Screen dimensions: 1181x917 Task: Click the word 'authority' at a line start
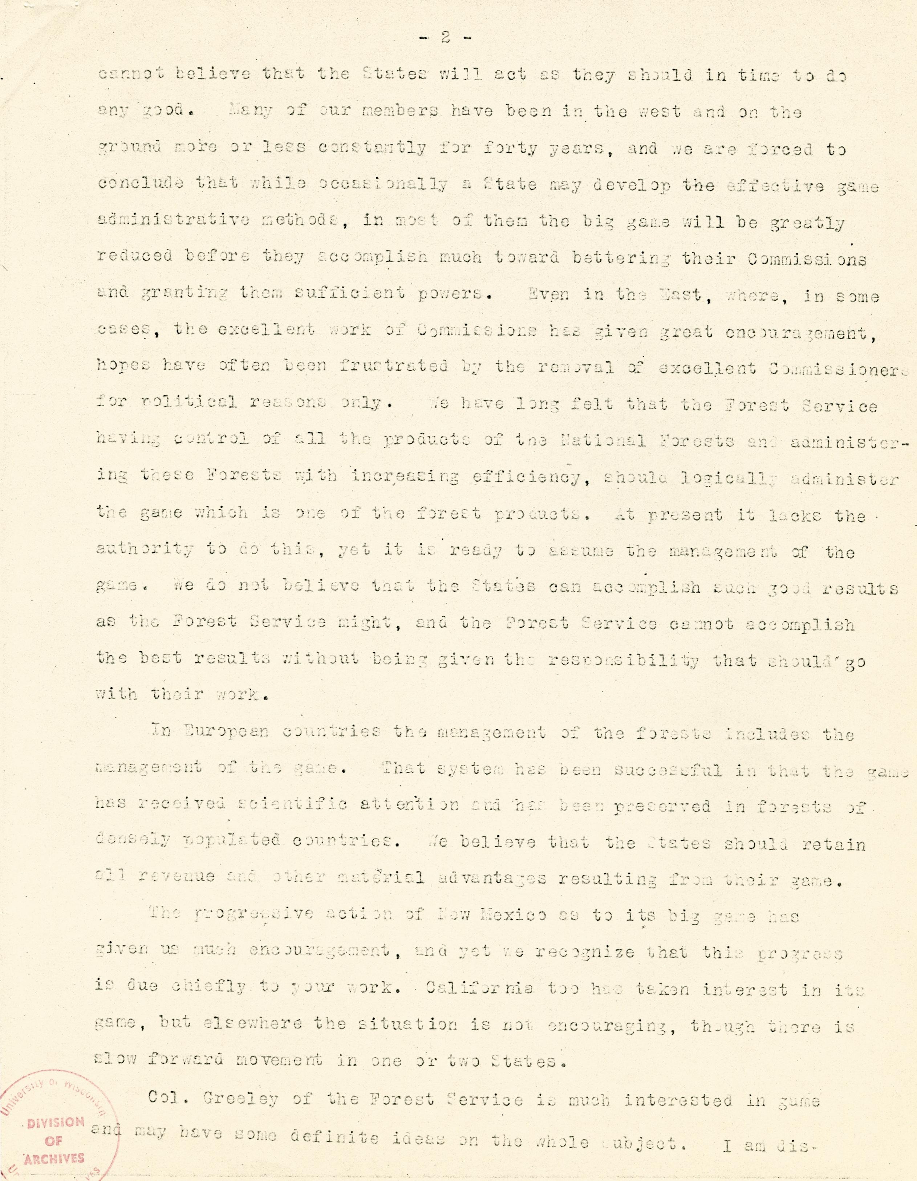(145, 552)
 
